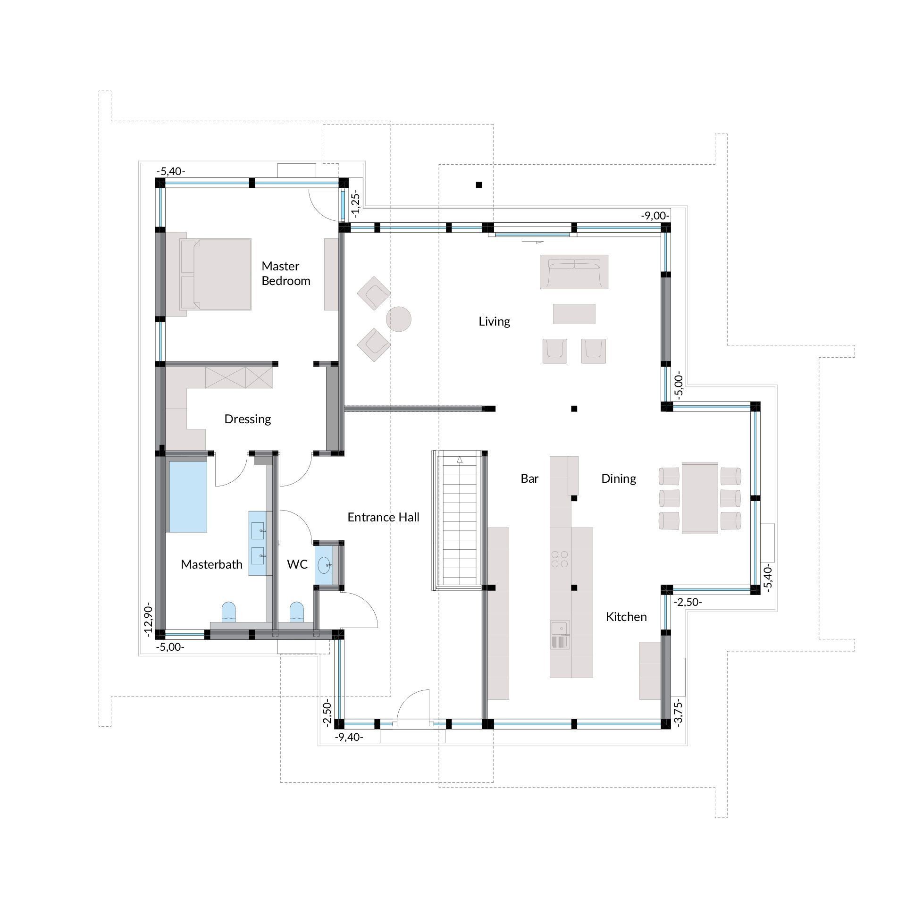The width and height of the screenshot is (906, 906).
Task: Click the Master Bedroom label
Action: click(286, 273)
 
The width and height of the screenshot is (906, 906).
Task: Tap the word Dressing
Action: click(248, 419)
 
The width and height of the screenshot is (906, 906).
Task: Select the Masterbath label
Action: click(212, 564)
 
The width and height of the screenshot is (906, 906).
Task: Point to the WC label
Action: click(297, 564)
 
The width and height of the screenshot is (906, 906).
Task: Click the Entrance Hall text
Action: click(384, 517)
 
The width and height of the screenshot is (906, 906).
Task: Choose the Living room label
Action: click(495, 322)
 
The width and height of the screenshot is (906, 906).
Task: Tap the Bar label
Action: click(529, 478)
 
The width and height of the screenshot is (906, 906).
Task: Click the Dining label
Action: click(619, 479)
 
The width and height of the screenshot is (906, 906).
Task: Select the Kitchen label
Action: click(626, 617)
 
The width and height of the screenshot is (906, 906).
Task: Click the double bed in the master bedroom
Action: click(215, 274)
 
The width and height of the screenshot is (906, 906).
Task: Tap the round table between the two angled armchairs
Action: click(399, 319)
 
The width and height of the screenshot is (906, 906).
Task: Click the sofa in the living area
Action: click(574, 272)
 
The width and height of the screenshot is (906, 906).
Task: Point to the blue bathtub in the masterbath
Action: click(188, 496)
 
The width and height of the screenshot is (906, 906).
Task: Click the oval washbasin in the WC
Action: click(324, 565)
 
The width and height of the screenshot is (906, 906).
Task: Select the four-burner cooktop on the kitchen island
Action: click(560, 559)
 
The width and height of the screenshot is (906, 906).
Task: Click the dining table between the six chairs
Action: click(700, 498)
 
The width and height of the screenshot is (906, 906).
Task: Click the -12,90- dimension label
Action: click(149, 620)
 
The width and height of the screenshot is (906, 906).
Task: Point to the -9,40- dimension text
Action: click(349, 737)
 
